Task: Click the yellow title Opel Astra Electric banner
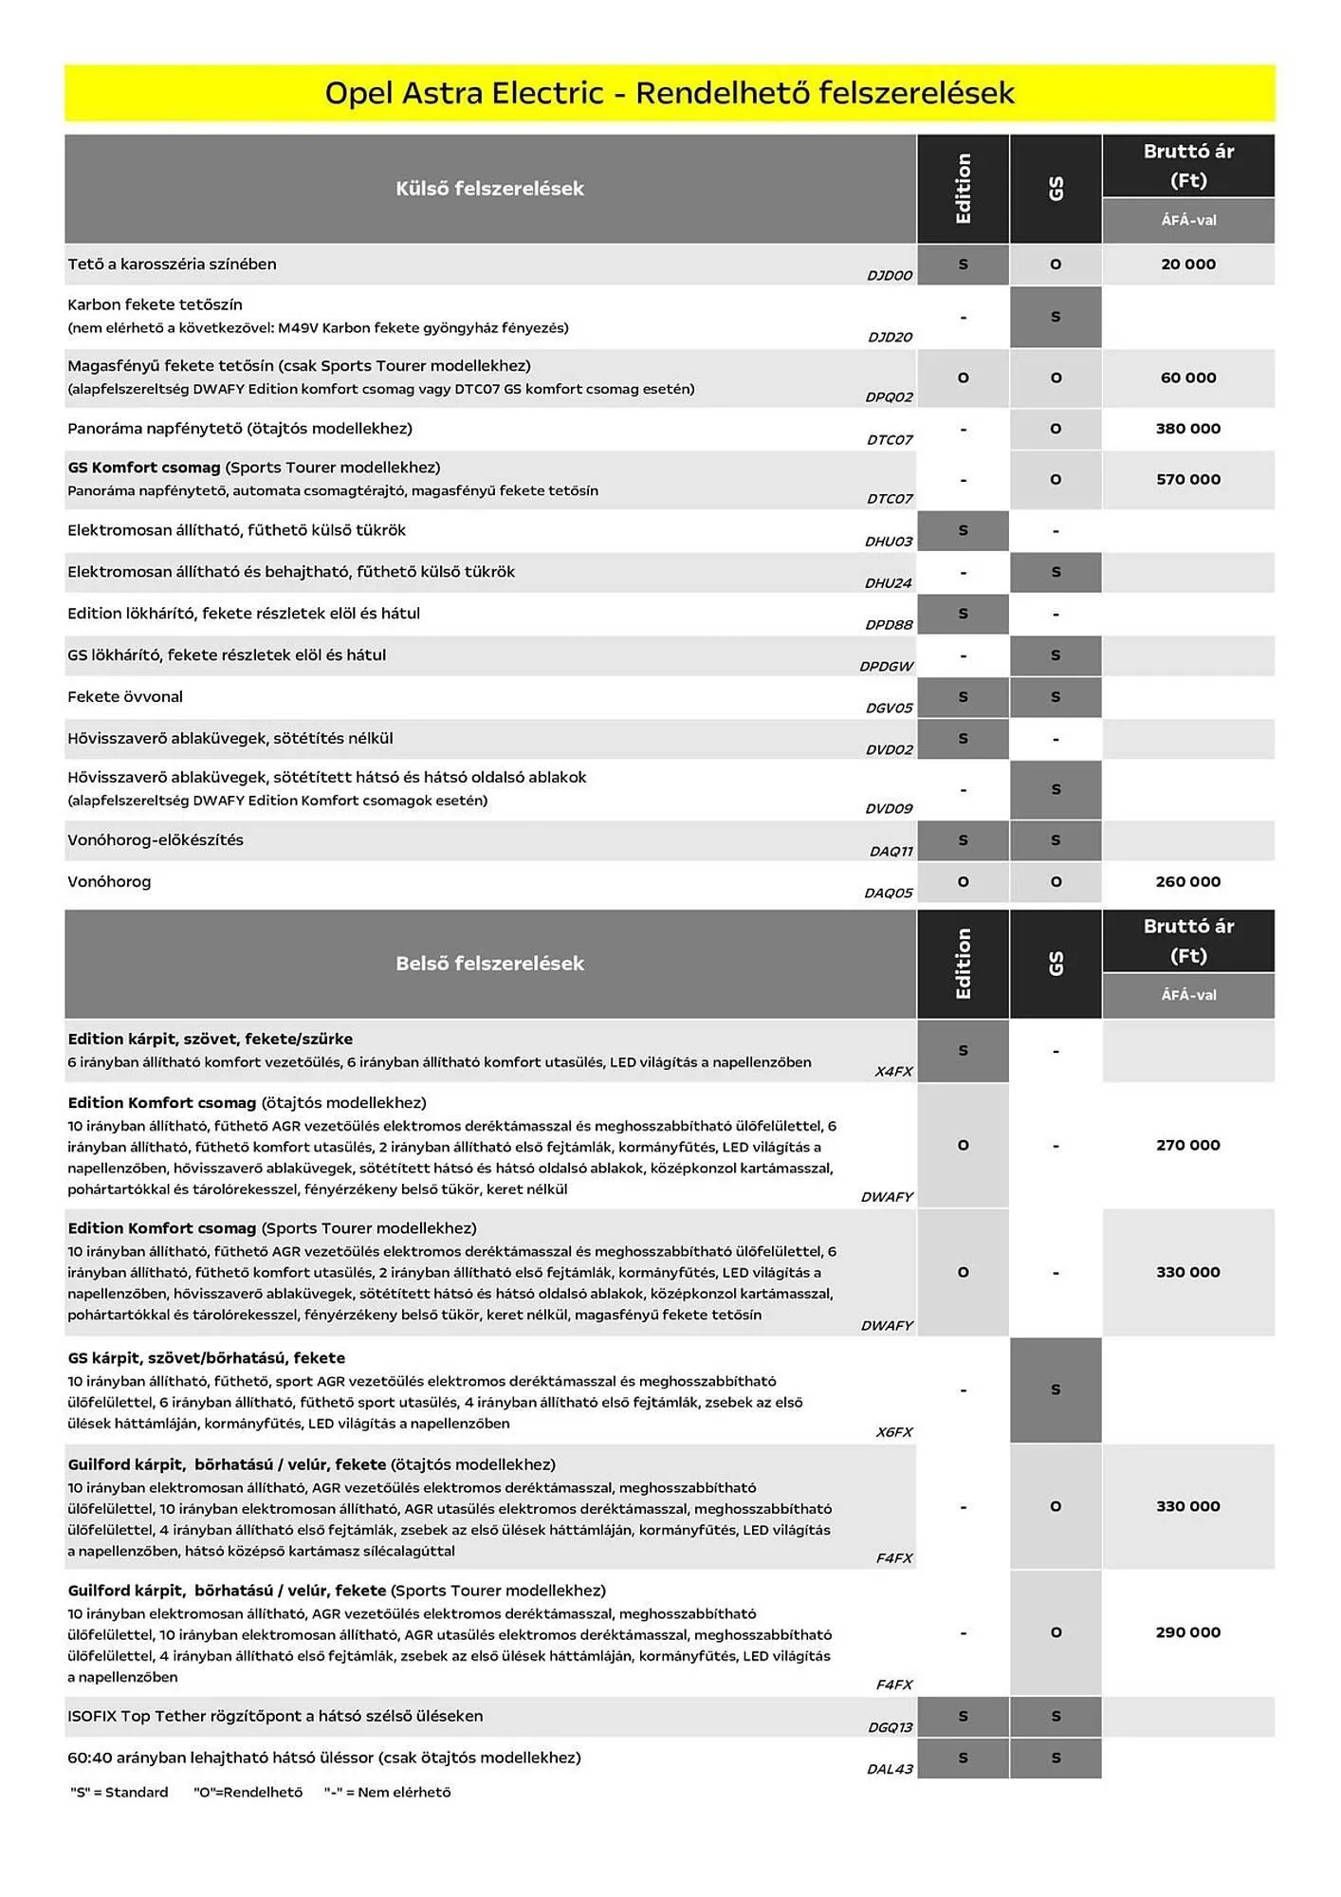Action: [x=670, y=93]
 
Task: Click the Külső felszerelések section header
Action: [x=489, y=189]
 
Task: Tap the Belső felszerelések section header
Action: [x=489, y=964]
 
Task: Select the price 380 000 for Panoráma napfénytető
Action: [x=1187, y=429]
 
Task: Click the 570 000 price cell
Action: [x=1187, y=480]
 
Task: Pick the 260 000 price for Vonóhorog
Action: [x=1187, y=882]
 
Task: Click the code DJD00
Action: [x=889, y=276]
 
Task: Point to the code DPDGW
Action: [x=886, y=667]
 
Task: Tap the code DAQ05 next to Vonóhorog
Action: [x=888, y=893]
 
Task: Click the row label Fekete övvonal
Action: [x=125, y=697]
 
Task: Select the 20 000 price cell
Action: [x=1187, y=265]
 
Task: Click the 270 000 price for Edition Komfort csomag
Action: [x=1187, y=1146]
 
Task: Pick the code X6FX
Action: [x=893, y=1432]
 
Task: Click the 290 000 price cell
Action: [x=1187, y=1632]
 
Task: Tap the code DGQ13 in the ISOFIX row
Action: [x=890, y=1727]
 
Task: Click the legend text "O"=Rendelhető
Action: [x=248, y=1792]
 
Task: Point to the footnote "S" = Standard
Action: [x=119, y=1792]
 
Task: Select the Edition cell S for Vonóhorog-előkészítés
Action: [x=963, y=840]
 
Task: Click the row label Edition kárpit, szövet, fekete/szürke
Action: [x=210, y=1040]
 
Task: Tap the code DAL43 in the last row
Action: [x=890, y=1769]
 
